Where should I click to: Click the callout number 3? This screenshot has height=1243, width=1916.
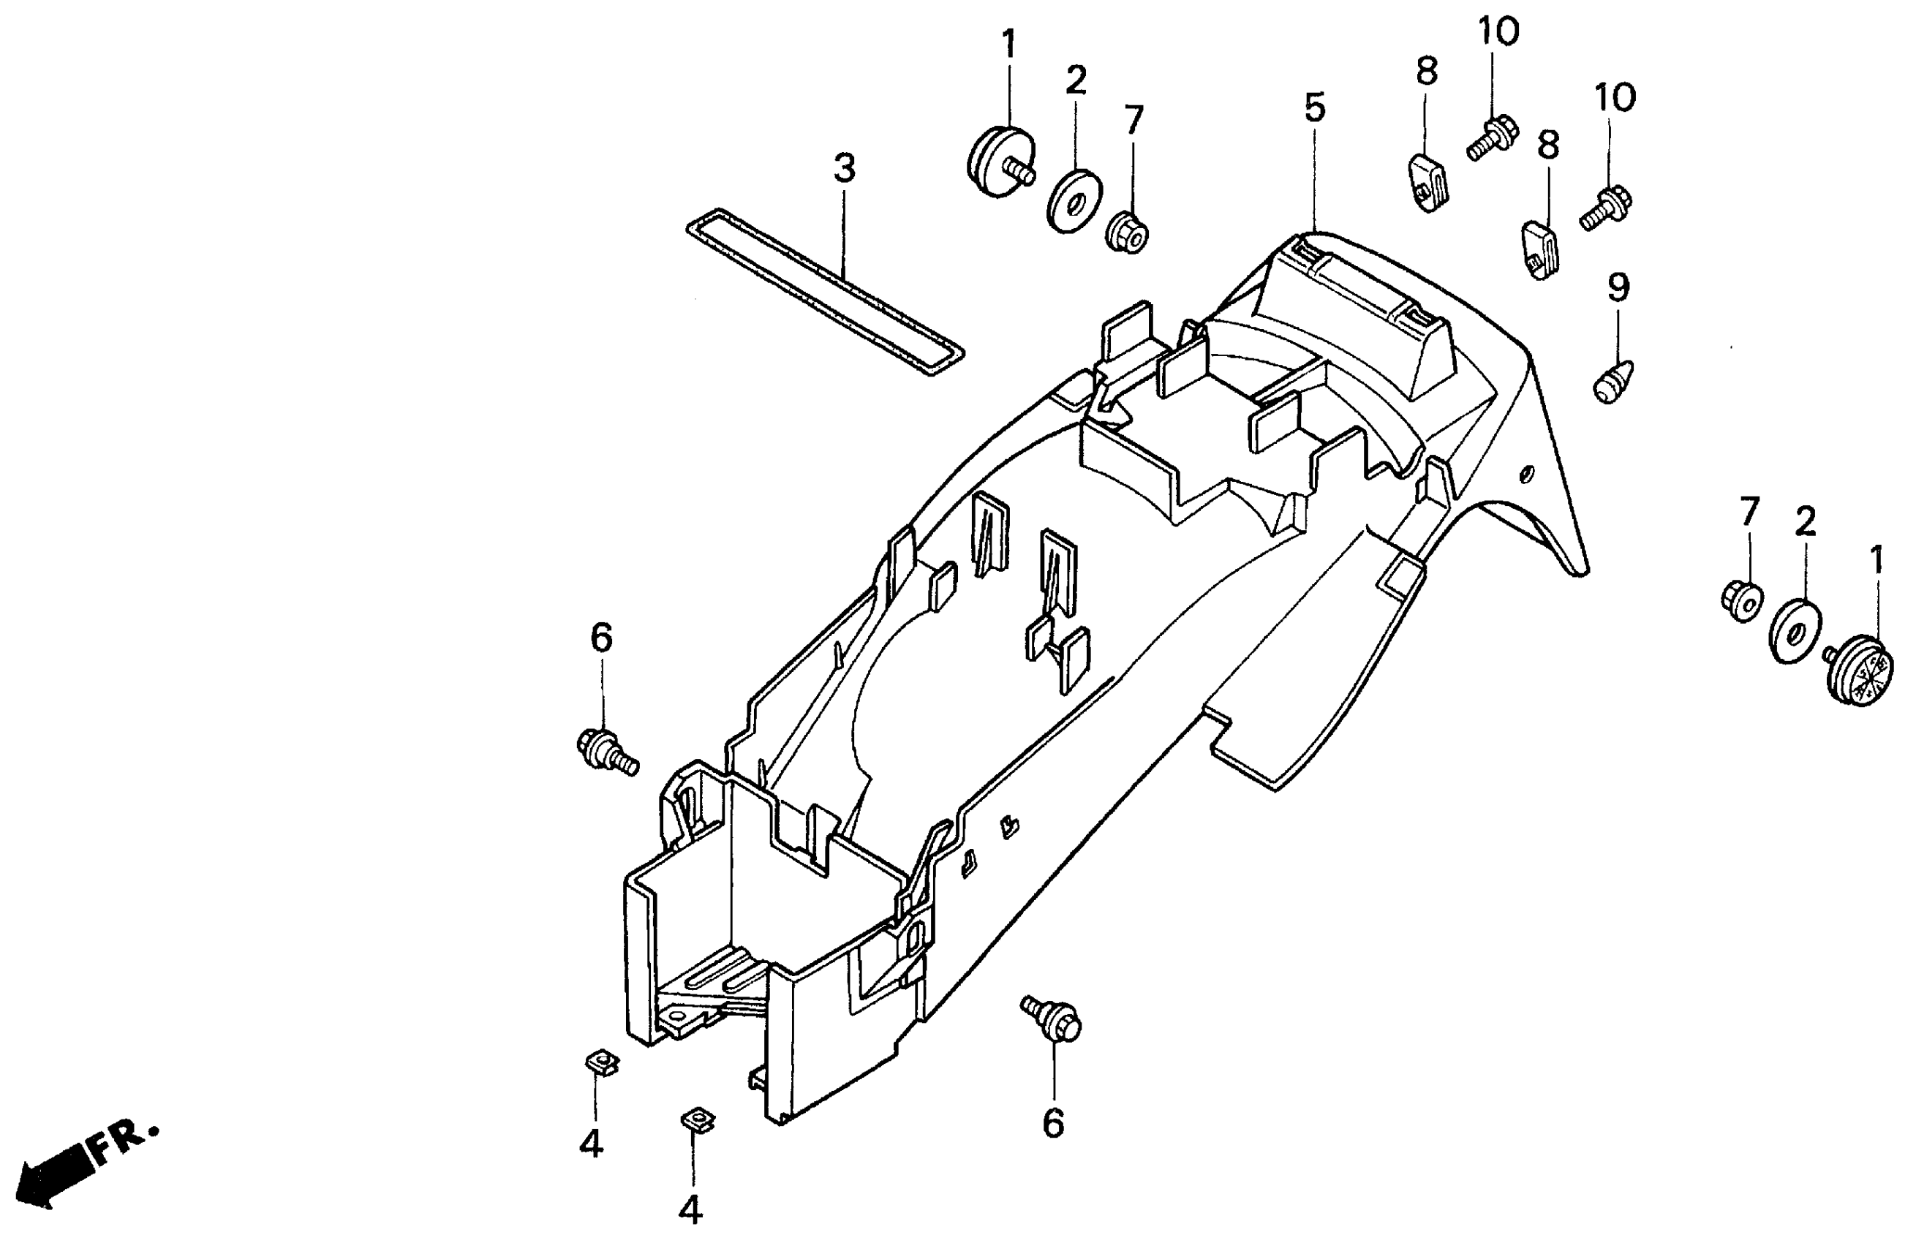844,168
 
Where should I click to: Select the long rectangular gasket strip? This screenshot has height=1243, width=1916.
825,293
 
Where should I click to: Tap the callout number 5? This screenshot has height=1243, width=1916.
1314,108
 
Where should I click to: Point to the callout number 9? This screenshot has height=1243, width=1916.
1618,287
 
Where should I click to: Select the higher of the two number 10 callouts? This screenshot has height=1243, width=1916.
1498,32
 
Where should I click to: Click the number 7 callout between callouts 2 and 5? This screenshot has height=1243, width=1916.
1134,120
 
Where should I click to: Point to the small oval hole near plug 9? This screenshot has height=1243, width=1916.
1525,475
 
